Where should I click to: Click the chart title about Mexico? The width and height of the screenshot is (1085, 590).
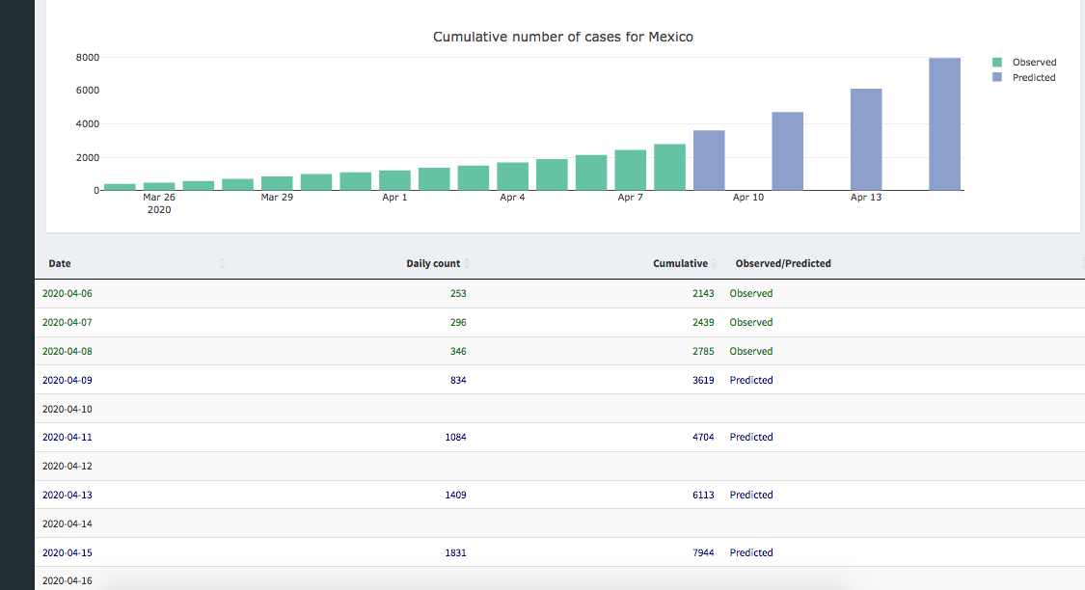[562, 37]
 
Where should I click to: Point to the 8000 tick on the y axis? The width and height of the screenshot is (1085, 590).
[88, 58]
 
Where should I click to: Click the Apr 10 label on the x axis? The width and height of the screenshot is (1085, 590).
[748, 198]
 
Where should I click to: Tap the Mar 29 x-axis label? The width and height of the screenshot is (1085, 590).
[277, 198]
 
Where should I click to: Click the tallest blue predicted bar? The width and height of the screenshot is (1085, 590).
[944, 123]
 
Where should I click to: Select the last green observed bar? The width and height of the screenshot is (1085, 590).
[669, 167]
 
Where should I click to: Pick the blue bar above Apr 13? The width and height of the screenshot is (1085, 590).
[866, 140]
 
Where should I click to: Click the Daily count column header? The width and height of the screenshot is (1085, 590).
[433, 263]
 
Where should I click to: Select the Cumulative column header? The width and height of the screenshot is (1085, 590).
[680, 263]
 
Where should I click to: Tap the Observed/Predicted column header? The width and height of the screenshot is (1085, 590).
[783, 263]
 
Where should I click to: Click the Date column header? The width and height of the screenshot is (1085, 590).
[60, 263]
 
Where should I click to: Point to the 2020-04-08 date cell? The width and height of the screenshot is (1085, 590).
[68, 351]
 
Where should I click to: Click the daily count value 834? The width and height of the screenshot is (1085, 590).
[458, 380]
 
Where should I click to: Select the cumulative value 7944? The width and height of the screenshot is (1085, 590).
[703, 552]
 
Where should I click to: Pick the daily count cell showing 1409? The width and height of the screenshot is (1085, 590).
[455, 495]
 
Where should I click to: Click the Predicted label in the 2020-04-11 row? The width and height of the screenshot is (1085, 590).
[751, 437]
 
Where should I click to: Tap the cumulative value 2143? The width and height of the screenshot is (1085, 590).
[703, 293]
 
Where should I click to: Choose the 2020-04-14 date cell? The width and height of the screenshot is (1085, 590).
[68, 523]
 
